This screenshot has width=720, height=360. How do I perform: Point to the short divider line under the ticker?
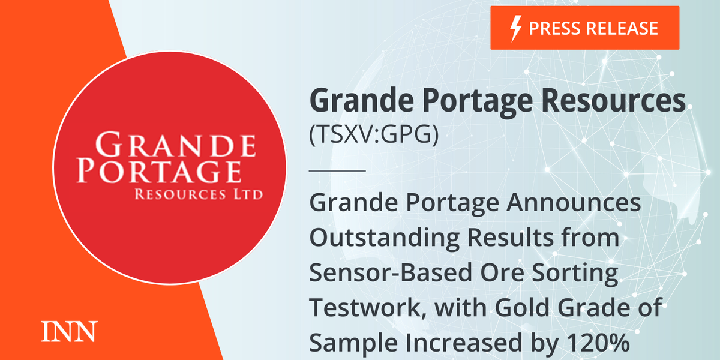point(337,171)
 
